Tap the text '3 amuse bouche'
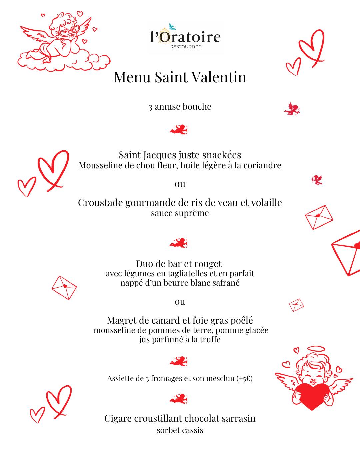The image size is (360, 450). tap(180, 107)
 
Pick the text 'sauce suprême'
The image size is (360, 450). tap(180, 213)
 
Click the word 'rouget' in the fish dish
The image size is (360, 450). tap(209, 264)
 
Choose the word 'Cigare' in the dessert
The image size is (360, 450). tap(118, 418)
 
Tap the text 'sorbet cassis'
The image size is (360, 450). tap(180, 430)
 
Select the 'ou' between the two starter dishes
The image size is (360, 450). tap(180, 184)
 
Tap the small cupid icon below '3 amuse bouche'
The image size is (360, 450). tap(179, 129)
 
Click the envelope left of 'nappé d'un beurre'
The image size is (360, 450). tap(64, 287)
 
